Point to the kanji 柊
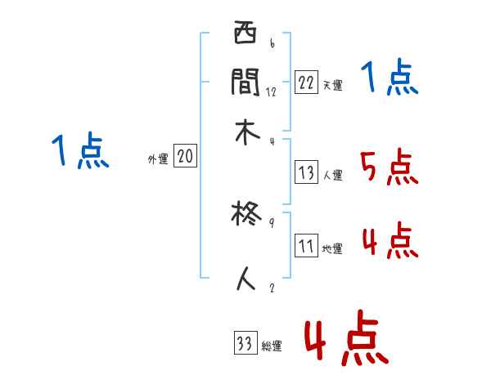[x=245, y=215]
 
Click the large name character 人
[x=245, y=278]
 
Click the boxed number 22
[x=306, y=83]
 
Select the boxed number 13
[x=306, y=172]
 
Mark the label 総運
[x=271, y=346]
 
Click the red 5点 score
[x=389, y=168]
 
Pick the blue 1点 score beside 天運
[x=389, y=79]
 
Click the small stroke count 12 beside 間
[x=271, y=92]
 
